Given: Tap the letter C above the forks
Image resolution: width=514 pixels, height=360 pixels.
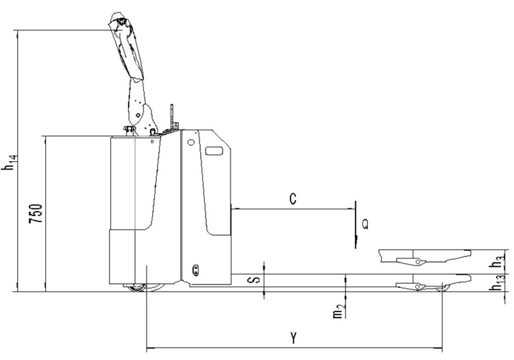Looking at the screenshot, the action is [x=293, y=200].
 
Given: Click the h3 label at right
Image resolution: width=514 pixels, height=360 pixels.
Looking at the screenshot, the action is [x=500, y=261].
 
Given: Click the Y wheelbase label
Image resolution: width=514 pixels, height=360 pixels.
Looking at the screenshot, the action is [x=293, y=337].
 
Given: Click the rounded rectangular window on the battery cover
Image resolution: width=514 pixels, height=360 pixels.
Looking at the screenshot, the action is [x=215, y=150].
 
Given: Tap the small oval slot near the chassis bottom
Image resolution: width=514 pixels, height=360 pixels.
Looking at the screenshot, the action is [x=195, y=267].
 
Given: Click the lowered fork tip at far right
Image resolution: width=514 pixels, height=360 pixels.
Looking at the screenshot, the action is [x=469, y=278].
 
